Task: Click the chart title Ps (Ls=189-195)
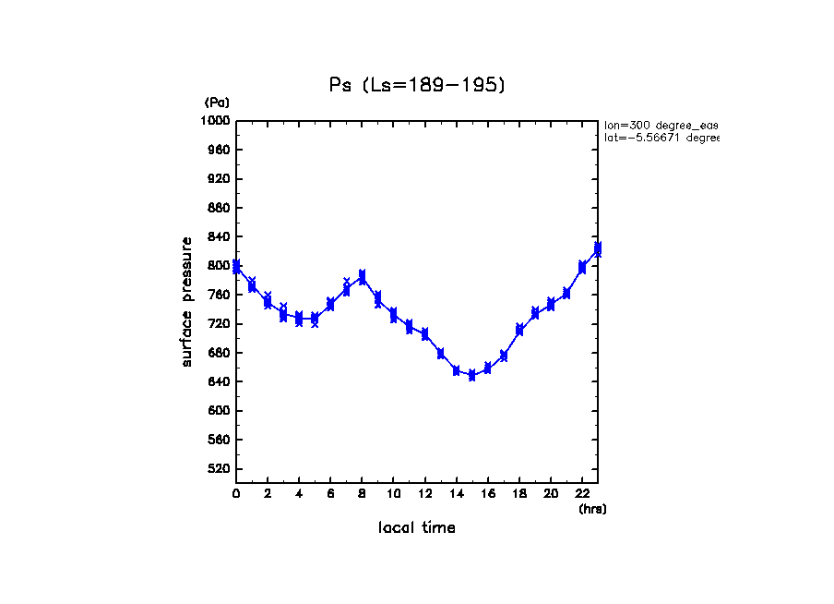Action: click(x=417, y=85)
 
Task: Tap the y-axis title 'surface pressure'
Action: click(x=187, y=301)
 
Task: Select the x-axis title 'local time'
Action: click(x=416, y=527)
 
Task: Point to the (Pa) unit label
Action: click(x=217, y=103)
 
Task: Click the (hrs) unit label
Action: click(x=592, y=509)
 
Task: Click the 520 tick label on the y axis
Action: click(x=218, y=469)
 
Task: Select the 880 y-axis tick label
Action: click(x=218, y=208)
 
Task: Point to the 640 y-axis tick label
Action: click(x=218, y=382)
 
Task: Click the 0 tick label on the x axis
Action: click(x=236, y=494)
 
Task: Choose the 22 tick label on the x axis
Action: click(x=582, y=494)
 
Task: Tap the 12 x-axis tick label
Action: click(x=424, y=494)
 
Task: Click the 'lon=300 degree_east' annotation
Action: click(x=661, y=125)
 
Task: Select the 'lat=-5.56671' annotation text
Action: click(x=661, y=138)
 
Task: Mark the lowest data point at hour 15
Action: click(x=471, y=375)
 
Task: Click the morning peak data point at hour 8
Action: click(x=363, y=276)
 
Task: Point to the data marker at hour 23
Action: click(x=598, y=248)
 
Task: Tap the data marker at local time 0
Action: click(x=237, y=267)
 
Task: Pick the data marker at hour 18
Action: click(x=519, y=330)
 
